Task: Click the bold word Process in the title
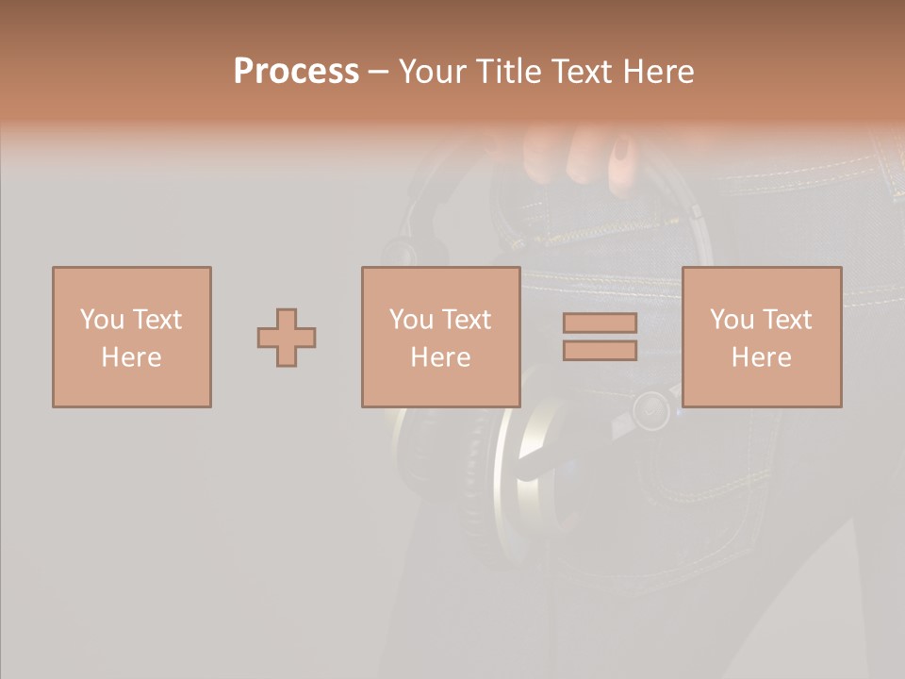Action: (296, 72)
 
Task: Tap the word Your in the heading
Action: (435, 72)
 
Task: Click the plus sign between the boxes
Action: (287, 338)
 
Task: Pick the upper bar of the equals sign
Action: (600, 323)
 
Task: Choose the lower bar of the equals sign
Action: (600, 350)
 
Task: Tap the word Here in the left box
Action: (131, 357)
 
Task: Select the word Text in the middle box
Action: (466, 320)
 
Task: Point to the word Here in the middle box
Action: (440, 357)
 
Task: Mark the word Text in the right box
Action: (786, 320)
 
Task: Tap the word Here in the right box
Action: (761, 357)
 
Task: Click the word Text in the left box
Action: (156, 320)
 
